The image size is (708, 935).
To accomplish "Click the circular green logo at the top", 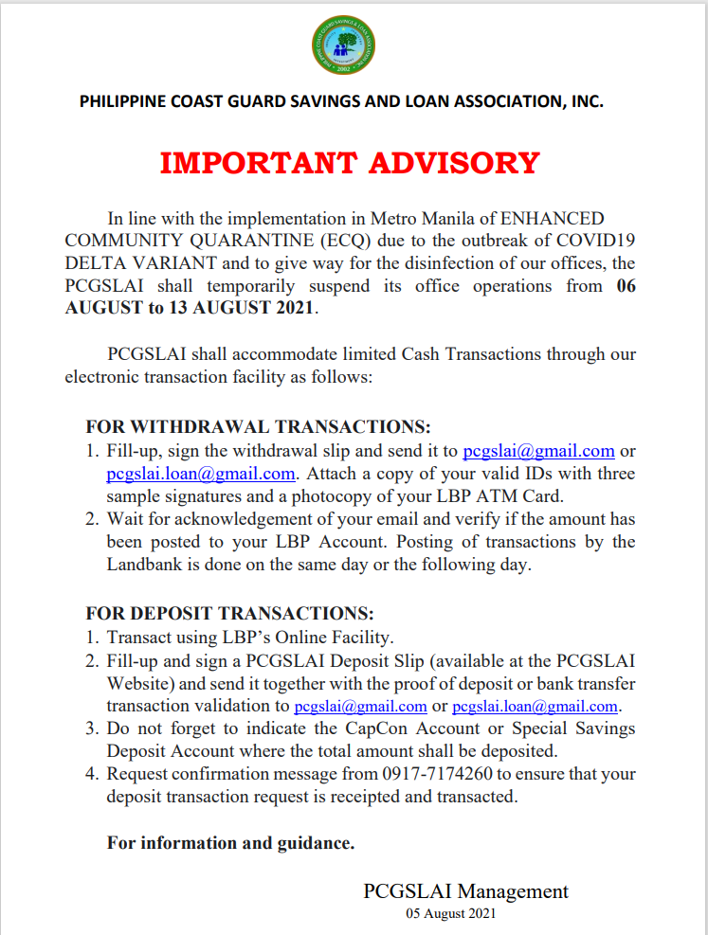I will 343,48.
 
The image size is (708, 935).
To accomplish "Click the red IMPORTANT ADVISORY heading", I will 350,163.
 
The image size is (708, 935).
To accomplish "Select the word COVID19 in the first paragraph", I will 600,240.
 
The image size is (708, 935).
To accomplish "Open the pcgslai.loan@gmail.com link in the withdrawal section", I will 201,473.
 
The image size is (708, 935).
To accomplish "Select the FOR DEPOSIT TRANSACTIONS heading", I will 229,613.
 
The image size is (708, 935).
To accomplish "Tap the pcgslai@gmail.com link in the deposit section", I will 360,707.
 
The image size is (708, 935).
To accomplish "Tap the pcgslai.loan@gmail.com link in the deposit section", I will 536,707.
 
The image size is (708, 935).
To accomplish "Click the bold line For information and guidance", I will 230,842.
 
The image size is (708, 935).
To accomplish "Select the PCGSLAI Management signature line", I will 465,891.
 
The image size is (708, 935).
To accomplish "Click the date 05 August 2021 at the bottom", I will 450,914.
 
